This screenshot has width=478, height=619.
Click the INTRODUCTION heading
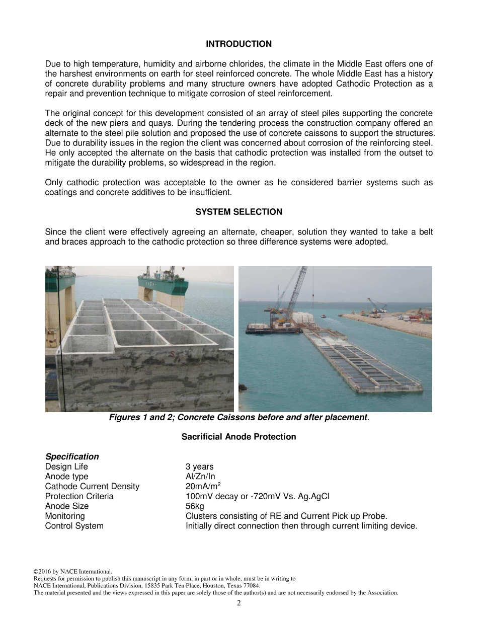coord(238,44)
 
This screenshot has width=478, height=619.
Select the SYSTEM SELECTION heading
coord(238,212)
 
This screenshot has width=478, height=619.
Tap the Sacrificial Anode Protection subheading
coord(238,437)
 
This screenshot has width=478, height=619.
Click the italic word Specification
coord(72,457)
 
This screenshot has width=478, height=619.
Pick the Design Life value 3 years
coord(199,467)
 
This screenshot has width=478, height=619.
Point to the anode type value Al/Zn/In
coord(200,477)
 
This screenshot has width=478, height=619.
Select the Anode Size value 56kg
coord(195,506)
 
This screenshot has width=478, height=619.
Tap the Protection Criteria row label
coord(79,497)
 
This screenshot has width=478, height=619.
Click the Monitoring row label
coord(65,516)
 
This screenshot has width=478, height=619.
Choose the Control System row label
coord(74,526)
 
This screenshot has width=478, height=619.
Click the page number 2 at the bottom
coord(238,603)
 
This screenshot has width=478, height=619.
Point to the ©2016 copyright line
coord(72,572)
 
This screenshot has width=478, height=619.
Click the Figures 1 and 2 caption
coord(238,418)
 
